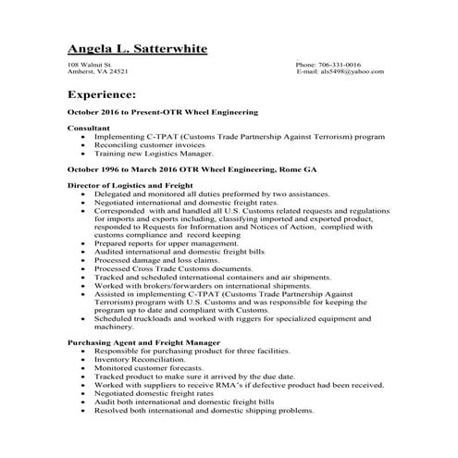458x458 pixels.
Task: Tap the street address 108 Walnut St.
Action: [89, 65]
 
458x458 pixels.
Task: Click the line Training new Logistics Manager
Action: [153, 154]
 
